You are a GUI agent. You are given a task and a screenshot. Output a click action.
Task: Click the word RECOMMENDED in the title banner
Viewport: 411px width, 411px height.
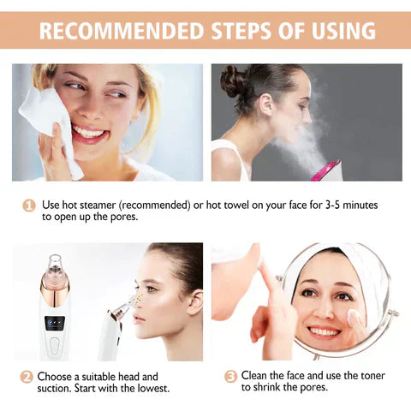pyautogui.click(x=121, y=32)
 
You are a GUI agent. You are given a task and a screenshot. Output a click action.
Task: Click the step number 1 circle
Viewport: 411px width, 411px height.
pyautogui.click(x=28, y=205)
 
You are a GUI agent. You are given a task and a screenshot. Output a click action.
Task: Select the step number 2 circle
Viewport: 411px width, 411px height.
pyautogui.click(x=27, y=376)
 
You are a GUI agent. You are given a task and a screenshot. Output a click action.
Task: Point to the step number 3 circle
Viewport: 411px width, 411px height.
pyautogui.click(x=230, y=376)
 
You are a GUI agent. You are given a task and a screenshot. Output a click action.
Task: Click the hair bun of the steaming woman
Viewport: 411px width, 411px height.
pyautogui.click(x=233, y=82)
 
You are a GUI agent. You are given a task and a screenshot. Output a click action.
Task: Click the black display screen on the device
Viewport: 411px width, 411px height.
pyautogui.click(x=53, y=325)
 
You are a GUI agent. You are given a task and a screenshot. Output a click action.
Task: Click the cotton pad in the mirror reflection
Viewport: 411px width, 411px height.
pyautogui.click(x=354, y=318)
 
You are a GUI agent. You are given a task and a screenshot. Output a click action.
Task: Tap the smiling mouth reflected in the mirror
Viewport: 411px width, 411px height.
pyautogui.click(x=325, y=331)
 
